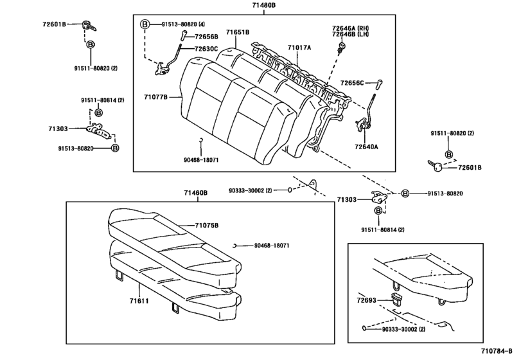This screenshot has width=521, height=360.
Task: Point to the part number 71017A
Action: tap(299, 48)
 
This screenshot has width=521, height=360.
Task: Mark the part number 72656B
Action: tap(206, 37)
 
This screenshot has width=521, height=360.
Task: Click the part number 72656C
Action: tap(352, 83)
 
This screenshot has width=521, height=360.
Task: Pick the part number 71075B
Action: tap(207, 225)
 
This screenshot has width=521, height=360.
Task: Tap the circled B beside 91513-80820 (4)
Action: tap(145, 24)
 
